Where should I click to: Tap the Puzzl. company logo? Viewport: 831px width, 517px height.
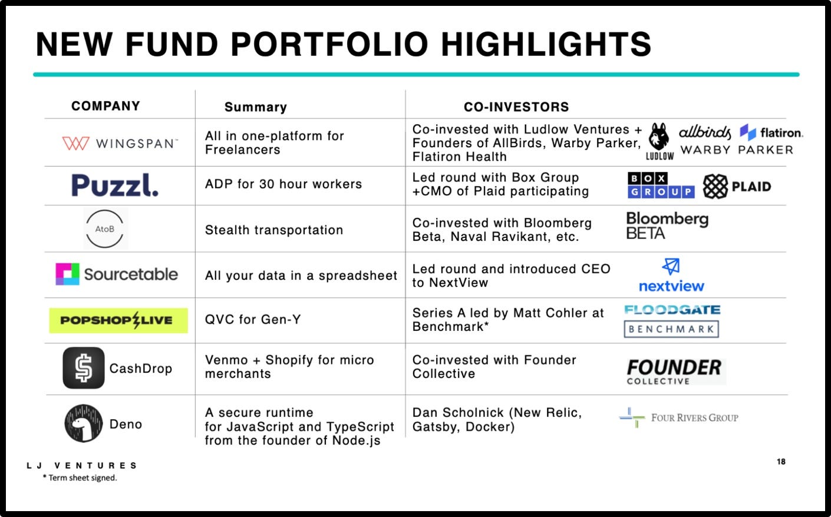[115, 185]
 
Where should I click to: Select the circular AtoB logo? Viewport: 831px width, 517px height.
[105, 228]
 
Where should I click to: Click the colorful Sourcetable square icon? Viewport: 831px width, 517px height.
[67, 274]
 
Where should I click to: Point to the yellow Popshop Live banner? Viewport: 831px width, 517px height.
[118, 320]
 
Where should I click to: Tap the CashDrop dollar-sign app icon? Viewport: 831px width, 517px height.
[84, 368]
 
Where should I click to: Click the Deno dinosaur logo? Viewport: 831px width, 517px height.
[83, 423]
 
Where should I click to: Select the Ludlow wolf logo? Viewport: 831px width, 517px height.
[659, 141]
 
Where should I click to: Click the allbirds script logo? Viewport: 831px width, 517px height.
[704, 132]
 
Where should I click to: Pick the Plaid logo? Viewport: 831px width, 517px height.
[737, 187]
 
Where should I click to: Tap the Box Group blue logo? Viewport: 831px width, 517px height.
[661, 185]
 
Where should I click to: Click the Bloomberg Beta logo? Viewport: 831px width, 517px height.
[667, 226]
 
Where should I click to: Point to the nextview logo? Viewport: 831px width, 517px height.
[671, 276]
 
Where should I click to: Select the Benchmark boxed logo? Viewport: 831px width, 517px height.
[671, 329]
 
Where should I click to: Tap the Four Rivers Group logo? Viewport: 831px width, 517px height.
[679, 417]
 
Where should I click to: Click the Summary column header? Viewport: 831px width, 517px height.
[255, 107]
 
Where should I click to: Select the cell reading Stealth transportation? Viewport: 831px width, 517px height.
[273, 230]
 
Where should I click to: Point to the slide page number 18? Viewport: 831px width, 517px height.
[781, 462]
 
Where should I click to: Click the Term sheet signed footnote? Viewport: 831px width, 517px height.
[80, 478]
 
